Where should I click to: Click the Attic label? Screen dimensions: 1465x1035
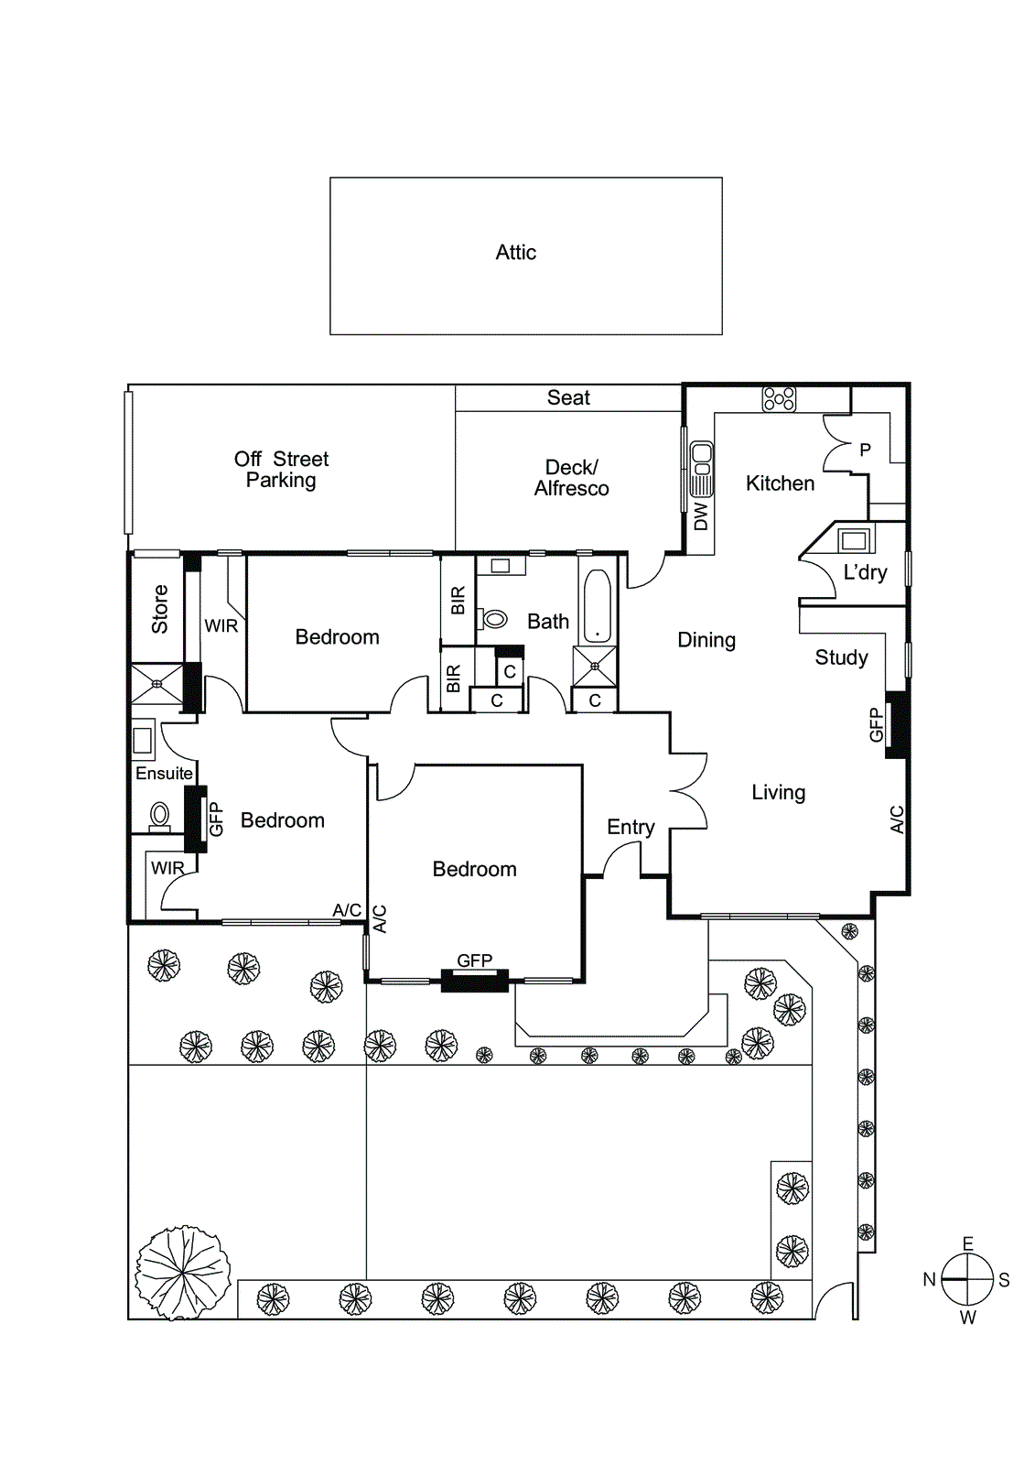[x=515, y=253]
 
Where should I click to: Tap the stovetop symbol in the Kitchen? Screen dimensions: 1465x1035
[x=779, y=399]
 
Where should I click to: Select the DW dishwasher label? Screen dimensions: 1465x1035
[x=701, y=516]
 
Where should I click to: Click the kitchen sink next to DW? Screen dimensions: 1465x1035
[x=701, y=468]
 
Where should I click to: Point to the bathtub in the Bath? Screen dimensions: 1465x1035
[x=597, y=606]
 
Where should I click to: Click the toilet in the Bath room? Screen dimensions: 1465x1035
[x=494, y=620]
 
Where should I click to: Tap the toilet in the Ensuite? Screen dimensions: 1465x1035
[x=160, y=814]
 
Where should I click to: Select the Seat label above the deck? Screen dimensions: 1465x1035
[x=568, y=398]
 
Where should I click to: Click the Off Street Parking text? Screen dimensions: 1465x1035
[x=281, y=470]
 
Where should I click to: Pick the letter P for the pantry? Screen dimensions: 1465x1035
[x=865, y=450]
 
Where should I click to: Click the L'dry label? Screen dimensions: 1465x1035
[x=865, y=573]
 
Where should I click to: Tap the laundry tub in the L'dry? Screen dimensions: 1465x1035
[x=855, y=539]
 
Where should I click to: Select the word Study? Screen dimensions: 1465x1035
[x=841, y=657]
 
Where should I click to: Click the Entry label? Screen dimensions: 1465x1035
[x=631, y=828]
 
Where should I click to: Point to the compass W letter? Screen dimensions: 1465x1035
[x=968, y=1318]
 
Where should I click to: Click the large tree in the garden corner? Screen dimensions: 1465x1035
[x=183, y=1273]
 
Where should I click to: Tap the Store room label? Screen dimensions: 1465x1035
[x=160, y=610]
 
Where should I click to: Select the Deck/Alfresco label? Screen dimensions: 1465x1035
[x=571, y=478]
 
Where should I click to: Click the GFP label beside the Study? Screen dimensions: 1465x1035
[x=876, y=724]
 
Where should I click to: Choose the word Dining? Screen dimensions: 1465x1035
[x=706, y=640]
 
